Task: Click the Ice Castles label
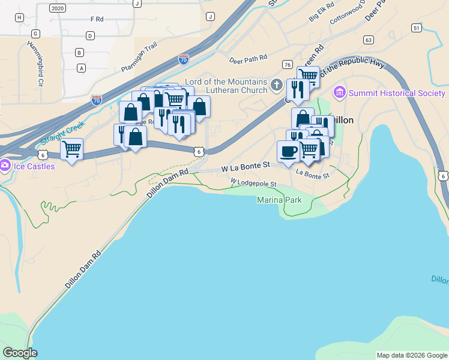coord(34,166)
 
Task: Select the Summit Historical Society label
coord(397,93)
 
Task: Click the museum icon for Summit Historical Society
coord(340,92)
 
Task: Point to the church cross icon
coord(276,83)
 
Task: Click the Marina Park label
coord(279,200)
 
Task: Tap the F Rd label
coord(97,19)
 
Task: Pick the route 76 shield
coord(288,64)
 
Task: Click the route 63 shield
coord(369,40)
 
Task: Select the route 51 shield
coord(417,28)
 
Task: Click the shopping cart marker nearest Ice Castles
coord(71,148)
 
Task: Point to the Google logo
coord(20,353)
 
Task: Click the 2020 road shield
coord(58,8)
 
